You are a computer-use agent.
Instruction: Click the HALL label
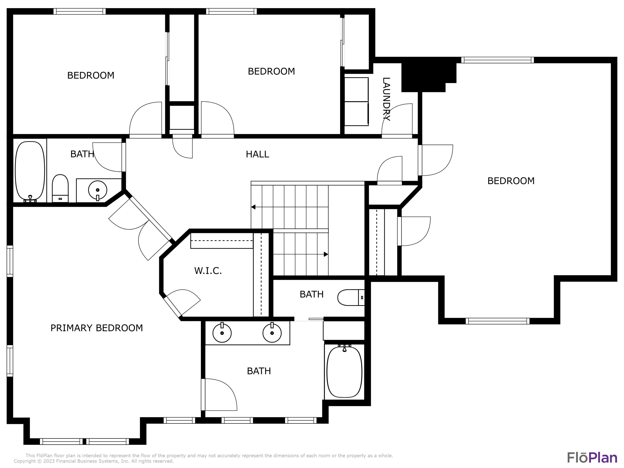pos(257,154)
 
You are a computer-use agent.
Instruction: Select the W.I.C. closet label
pos(208,271)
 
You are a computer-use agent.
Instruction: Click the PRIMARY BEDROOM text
pos(97,328)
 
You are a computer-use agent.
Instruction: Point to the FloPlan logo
pos(592,458)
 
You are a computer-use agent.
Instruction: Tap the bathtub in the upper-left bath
pos(30,171)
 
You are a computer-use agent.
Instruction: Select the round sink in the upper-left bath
pos(98,190)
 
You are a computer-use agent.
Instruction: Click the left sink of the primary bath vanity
pos(222,333)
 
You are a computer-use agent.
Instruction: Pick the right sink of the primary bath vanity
pos(272,333)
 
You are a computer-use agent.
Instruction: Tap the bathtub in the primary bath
pos(344,372)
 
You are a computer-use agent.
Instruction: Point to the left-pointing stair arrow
pos(253,207)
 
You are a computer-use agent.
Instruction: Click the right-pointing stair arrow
pos(326,254)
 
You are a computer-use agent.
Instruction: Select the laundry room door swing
pos(396,120)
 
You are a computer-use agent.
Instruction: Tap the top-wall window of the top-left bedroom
pos(79,11)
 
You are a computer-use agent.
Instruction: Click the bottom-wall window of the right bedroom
pos(497,321)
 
